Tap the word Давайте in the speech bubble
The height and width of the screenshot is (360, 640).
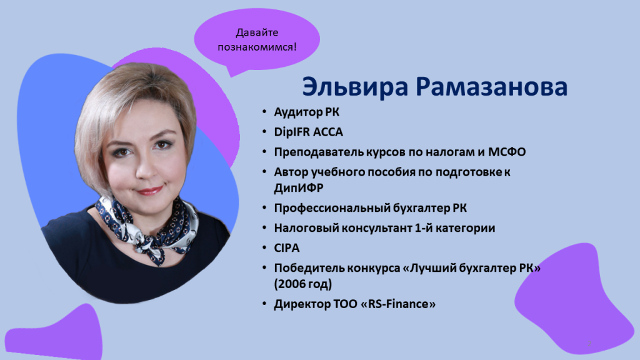[257, 32]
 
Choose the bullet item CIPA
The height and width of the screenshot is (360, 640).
[287, 247]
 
